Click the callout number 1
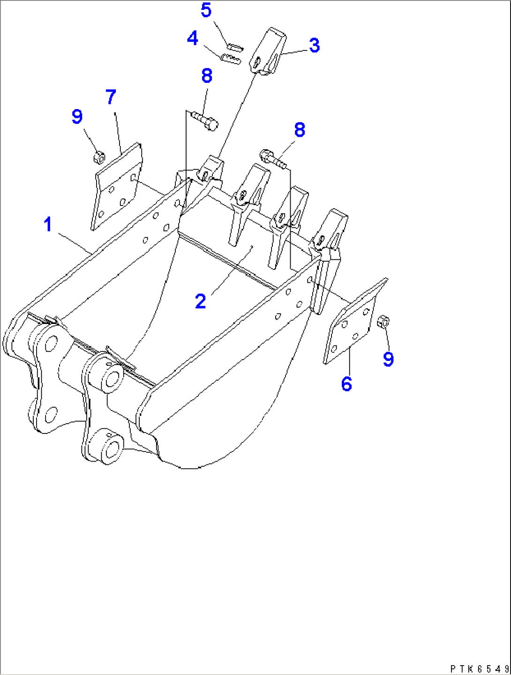pyautogui.click(x=47, y=224)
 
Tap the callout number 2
pyautogui.click(x=201, y=301)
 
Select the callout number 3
pyautogui.click(x=314, y=45)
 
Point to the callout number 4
pyautogui.click(x=193, y=38)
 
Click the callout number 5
pyautogui.click(x=206, y=10)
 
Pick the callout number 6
pyautogui.click(x=346, y=384)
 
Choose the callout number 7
pyautogui.click(x=111, y=97)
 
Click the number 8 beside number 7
pyautogui.click(x=207, y=75)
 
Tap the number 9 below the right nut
pyautogui.click(x=388, y=359)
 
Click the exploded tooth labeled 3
pyautogui.click(x=269, y=52)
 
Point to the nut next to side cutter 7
pyautogui.click(x=99, y=157)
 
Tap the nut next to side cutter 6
pyautogui.click(x=383, y=322)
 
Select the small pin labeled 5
pyautogui.click(x=234, y=46)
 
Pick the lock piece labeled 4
pyautogui.click(x=230, y=59)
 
